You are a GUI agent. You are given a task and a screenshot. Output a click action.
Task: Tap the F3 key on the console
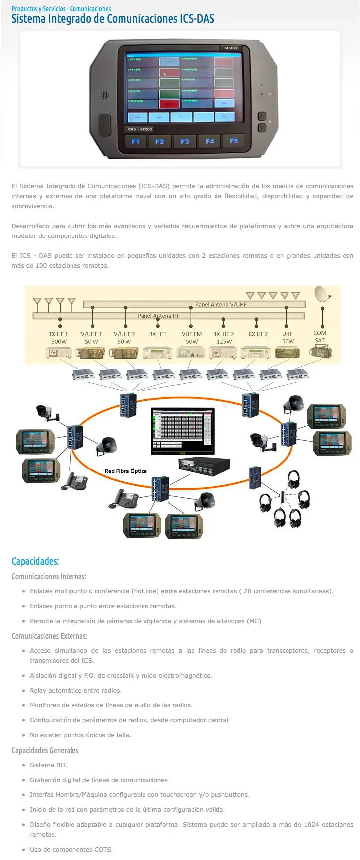[185, 142]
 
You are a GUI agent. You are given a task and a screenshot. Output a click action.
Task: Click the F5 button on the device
[234, 141]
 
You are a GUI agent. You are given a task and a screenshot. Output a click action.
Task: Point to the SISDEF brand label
[231, 48]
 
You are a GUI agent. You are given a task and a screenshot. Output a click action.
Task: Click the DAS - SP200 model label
[140, 129]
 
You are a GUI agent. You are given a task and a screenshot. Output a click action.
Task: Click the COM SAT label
[320, 337]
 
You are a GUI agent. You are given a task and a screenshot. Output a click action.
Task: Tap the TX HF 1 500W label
[59, 338]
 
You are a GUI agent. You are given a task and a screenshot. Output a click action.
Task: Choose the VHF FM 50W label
[192, 338]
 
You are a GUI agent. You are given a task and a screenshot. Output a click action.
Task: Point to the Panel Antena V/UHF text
[220, 305]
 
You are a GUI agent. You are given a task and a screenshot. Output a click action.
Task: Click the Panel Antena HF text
[158, 316]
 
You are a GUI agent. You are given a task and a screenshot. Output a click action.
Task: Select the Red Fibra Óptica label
[126, 471]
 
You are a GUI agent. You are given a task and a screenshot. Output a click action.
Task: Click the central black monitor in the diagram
[183, 431]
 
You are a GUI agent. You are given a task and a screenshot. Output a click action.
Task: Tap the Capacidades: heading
[35, 561]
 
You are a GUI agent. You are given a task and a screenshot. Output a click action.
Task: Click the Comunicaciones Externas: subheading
[50, 636]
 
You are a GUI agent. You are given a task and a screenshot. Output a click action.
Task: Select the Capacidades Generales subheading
[45, 751]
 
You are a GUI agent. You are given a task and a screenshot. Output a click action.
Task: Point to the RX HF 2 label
[258, 334]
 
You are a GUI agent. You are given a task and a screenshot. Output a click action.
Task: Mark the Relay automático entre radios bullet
[75, 691]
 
